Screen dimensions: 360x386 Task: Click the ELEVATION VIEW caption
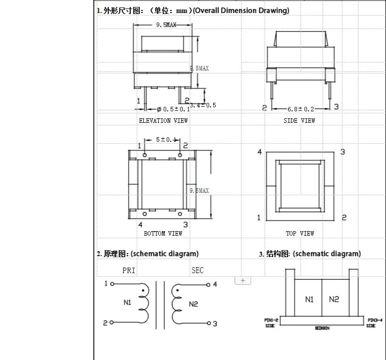point(163,120)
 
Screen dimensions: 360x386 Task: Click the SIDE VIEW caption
point(300,120)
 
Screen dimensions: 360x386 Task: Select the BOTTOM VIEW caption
point(163,233)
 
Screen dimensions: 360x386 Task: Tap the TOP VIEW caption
point(300,233)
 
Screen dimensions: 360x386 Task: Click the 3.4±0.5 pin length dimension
point(203,105)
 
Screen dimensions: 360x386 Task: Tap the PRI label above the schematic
point(129,270)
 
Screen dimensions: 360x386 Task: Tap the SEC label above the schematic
point(198,270)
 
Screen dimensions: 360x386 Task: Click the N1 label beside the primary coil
point(127,302)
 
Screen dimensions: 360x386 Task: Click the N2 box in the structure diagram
point(334,299)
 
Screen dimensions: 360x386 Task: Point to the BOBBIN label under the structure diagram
point(322,328)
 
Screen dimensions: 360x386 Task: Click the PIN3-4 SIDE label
point(375,323)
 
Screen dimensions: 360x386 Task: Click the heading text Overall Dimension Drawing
point(241,10)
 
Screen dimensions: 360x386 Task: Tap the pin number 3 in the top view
point(343,152)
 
